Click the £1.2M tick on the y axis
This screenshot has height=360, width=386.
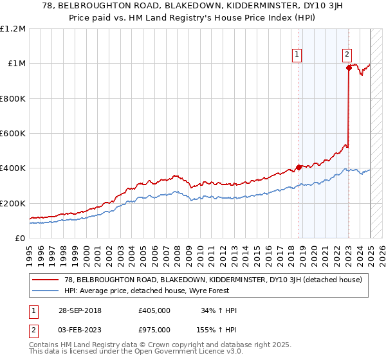(13, 28)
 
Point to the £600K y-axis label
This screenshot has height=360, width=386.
(13, 133)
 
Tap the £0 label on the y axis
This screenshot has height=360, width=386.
(21, 238)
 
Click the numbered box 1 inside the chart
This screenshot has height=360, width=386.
(297, 55)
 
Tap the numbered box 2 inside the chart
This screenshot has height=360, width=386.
(347, 55)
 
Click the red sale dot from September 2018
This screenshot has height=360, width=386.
(299, 167)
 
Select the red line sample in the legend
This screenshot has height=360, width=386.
(45, 280)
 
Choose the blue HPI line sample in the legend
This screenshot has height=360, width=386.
(45, 290)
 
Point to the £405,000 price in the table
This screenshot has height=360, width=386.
(154, 310)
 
